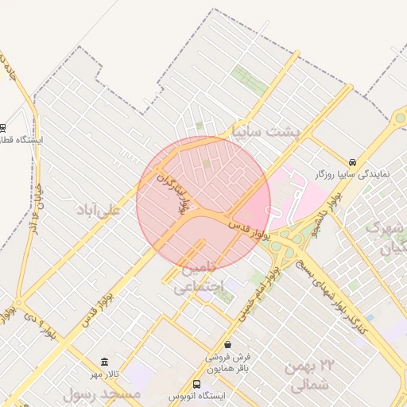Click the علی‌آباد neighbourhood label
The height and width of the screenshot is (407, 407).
(98, 210)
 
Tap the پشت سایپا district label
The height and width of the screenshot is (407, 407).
(266, 130)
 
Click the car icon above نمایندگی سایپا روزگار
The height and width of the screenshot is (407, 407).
(352, 160)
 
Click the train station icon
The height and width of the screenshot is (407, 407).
(3, 127)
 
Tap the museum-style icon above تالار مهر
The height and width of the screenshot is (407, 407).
(103, 362)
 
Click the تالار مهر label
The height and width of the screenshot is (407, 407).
(103, 374)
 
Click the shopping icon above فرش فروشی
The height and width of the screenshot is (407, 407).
(229, 345)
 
